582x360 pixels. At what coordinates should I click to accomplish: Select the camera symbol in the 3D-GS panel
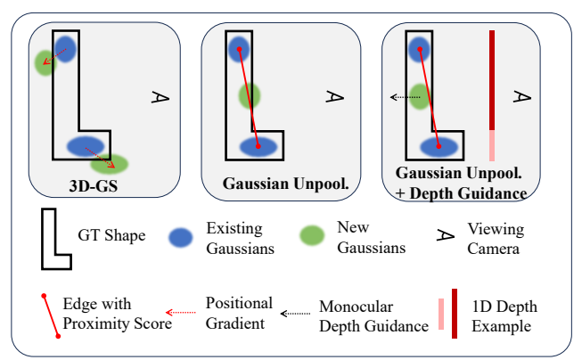click(x=160, y=95)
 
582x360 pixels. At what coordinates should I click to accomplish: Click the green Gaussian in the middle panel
click(x=249, y=94)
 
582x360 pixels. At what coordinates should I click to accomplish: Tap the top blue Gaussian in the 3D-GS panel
click(x=66, y=48)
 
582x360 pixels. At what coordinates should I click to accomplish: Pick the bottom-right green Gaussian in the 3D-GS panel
click(x=110, y=163)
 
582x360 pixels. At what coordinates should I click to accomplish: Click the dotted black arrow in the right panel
click(x=406, y=97)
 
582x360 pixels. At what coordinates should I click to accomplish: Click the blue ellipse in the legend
click(x=182, y=236)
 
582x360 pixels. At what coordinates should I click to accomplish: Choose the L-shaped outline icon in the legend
click(x=56, y=237)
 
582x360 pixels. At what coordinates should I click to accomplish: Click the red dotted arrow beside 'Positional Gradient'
click(x=181, y=313)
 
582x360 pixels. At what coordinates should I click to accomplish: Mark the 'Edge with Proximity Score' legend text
click(x=117, y=314)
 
